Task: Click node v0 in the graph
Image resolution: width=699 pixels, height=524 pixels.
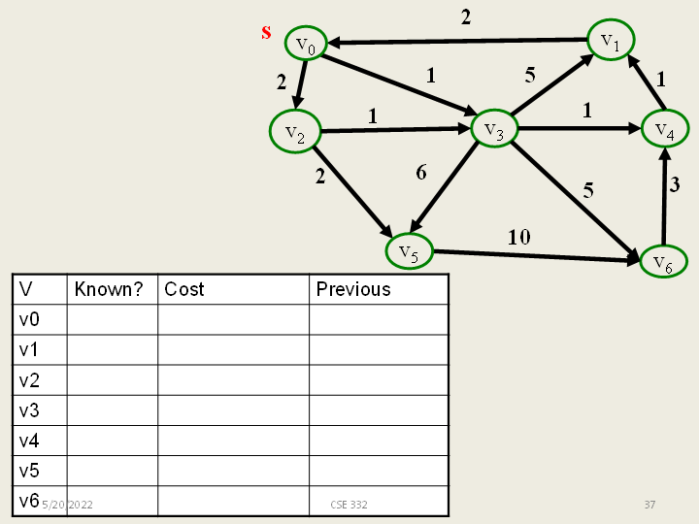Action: coord(305,45)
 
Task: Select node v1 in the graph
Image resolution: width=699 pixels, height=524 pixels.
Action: coord(611,40)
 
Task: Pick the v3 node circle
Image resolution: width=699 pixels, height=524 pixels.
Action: coord(493,131)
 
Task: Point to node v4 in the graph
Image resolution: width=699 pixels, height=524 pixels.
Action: coord(664,128)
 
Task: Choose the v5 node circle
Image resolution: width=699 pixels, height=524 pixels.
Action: coord(409,252)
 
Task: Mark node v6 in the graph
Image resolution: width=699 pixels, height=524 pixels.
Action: coord(663,261)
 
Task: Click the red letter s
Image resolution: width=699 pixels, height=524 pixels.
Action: coord(266,32)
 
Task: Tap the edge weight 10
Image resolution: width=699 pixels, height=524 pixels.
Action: coord(518,236)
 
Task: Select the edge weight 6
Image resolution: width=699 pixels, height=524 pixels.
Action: coord(420,173)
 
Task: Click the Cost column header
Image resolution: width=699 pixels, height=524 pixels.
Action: coord(184,289)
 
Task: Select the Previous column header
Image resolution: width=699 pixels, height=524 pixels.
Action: coord(353,289)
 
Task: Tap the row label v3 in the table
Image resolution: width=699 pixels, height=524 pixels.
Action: coord(29,409)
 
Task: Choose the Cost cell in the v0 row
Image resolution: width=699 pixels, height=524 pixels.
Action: coord(233,319)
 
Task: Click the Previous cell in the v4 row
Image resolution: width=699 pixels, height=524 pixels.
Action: coord(379,441)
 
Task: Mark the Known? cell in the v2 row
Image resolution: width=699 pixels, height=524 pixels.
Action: coord(112,379)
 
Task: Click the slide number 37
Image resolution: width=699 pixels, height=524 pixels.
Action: coord(650,505)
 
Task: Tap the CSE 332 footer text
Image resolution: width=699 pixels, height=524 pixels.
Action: coord(349,505)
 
